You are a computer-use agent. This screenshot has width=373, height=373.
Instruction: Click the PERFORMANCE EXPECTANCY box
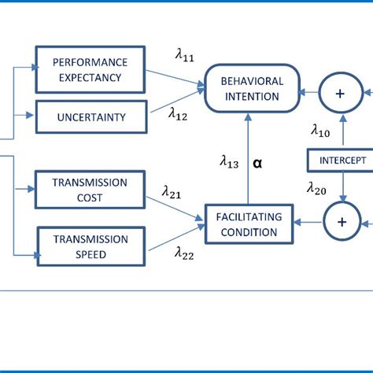[90, 68]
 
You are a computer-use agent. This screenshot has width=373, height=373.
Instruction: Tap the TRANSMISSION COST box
[90, 190]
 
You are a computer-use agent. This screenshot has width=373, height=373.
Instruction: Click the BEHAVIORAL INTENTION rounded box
[251, 89]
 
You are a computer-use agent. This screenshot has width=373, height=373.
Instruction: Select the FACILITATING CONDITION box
[248, 223]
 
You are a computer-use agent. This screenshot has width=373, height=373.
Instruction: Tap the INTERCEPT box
[342, 160]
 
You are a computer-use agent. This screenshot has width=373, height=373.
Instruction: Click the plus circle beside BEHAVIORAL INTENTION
[341, 93]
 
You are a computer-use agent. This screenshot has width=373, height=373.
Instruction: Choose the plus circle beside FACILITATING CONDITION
[342, 222]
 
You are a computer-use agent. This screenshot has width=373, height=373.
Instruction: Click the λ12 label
[179, 113]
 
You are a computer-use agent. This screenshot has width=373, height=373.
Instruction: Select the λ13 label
[230, 162]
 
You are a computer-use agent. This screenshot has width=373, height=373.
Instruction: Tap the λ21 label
[172, 191]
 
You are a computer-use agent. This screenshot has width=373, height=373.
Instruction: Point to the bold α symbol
[259, 164]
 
